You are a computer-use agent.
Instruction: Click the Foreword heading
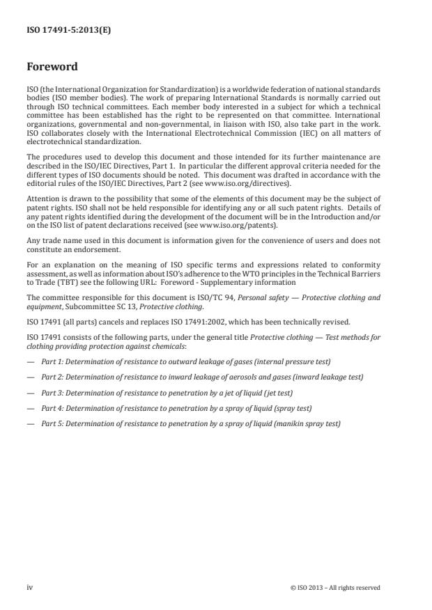pos(52,68)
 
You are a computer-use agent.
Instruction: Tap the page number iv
pos(30,587)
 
